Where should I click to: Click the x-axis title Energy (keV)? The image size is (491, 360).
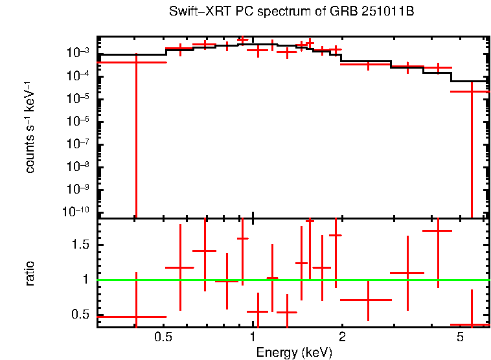293,352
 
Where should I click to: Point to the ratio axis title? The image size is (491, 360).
30,273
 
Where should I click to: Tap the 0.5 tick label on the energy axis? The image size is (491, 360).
163,337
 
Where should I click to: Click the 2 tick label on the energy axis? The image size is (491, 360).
342,337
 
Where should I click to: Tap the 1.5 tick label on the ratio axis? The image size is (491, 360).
82,244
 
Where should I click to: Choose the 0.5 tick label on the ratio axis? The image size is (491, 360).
82,315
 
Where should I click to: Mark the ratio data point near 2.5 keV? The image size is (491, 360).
367,300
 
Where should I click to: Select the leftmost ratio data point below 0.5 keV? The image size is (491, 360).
136,317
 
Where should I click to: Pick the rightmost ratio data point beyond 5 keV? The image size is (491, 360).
472,324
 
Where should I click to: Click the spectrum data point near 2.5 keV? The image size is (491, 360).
367,64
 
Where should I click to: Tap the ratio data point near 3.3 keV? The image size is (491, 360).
407,273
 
